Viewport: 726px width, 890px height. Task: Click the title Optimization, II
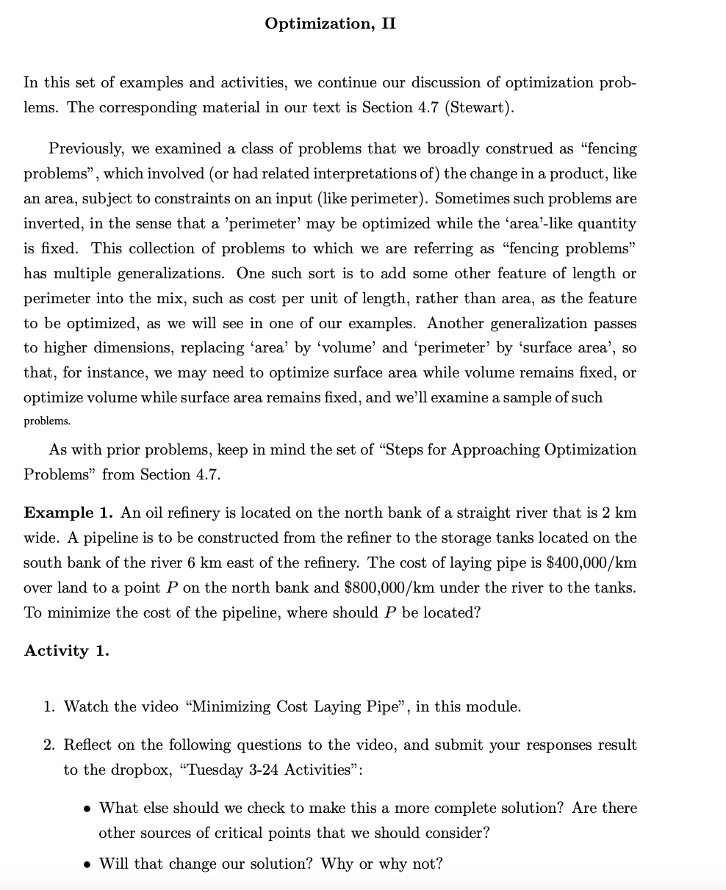click(x=330, y=23)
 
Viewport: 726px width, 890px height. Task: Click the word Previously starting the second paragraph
click(x=87, y=149)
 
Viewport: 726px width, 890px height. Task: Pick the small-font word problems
click(x=47, y=422)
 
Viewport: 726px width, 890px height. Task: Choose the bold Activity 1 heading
click(x=66, y=651)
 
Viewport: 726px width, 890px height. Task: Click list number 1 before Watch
click(x=48, y=707)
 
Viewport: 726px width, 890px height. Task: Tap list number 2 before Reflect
click(x=48, y=745)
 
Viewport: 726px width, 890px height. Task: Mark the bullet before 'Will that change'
click(x=87, y=864)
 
